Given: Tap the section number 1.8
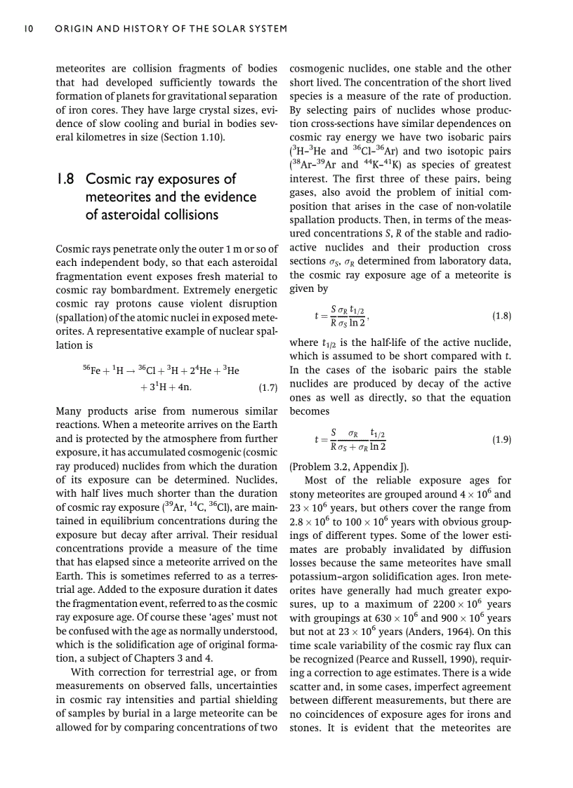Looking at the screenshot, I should pyautogui.click(x=67, y=180).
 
